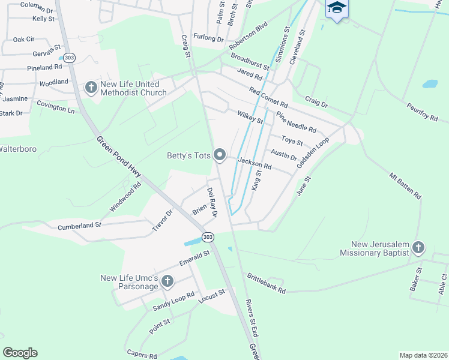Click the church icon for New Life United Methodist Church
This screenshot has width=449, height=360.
coord(91,88)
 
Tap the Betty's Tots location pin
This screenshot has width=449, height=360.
coord(220,156)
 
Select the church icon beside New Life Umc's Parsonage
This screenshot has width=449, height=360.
coord(167,281)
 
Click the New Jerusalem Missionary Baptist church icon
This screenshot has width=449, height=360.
coord(418,247)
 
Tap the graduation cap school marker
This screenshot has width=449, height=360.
coord(337,8)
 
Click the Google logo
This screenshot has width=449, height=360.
coord(20,353)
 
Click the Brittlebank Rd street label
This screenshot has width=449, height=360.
coord(266,283)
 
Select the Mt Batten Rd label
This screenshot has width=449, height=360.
coord(406,186)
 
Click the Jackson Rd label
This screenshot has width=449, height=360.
coord(255,163)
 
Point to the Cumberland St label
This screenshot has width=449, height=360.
coord(80,226)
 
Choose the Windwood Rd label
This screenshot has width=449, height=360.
coord(125,197)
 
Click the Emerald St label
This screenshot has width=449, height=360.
coord(194,259)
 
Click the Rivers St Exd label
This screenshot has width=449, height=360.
coord(252,317)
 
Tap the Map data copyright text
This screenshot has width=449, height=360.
coord(424,355)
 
